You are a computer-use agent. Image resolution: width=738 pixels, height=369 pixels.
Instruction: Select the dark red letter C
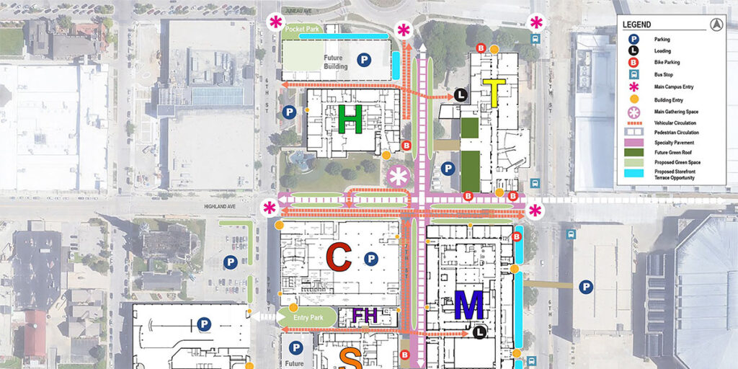[338, 258]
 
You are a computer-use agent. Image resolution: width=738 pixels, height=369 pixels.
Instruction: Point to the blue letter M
[468, 306]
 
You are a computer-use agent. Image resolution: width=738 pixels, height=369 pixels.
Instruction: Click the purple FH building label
[365, 316]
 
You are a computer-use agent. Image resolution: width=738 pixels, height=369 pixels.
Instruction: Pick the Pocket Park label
[302, 29]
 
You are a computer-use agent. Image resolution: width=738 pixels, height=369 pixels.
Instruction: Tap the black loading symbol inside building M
[479, 332]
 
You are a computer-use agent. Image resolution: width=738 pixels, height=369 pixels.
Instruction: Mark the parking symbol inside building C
[371, 259]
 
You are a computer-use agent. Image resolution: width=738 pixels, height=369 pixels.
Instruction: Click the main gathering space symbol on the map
[398, 175]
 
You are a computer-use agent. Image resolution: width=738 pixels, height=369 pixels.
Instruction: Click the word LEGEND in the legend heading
[637, 25]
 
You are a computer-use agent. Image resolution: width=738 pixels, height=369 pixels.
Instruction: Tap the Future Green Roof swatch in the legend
[632, 152]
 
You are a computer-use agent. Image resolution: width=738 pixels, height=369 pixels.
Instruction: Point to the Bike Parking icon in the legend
[633, 63]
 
